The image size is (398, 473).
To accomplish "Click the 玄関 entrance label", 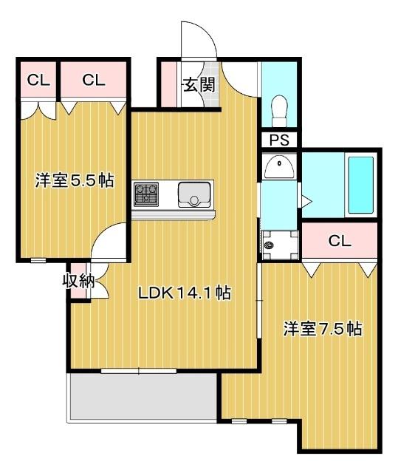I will [x=199, y=85].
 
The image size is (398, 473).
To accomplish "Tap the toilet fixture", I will [x=279, y=111].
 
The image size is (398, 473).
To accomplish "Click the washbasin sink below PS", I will [x=278, y=167].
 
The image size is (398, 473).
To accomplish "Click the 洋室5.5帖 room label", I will [x=74, y=180].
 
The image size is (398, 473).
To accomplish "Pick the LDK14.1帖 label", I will [x=185, y=293].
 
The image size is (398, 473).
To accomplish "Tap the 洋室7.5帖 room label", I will [x=323, y=329].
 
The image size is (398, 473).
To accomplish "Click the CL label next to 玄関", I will [x=94, y=81].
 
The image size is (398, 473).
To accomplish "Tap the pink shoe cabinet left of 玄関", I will [x=169, y=85].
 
